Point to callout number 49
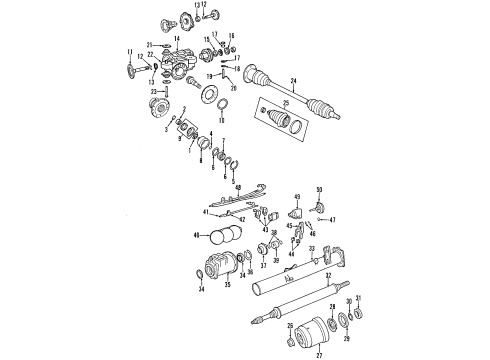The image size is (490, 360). (x=297, y=198)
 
